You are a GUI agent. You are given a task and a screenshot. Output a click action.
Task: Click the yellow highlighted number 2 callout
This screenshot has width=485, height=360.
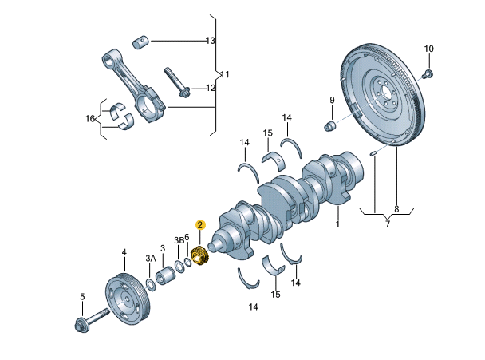click(201, 226)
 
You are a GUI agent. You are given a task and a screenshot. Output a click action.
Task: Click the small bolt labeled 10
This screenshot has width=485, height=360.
click(428, 75)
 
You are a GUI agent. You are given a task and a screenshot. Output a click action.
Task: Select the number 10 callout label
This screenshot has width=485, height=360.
click(428, 49)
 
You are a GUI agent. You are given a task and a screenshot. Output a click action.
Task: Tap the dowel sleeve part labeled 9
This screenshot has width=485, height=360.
click(329, 127)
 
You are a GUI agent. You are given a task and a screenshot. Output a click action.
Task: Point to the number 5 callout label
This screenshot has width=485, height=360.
click(81, 297)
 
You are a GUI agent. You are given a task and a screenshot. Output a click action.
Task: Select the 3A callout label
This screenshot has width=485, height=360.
click(150, 258)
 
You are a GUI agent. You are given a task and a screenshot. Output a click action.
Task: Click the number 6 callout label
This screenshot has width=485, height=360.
click(187, 237)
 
